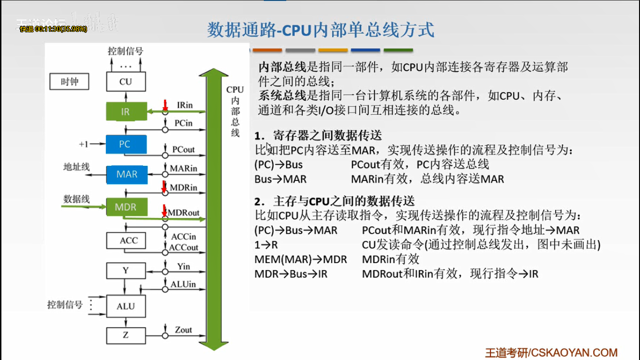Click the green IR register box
pos(126,112)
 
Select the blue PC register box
pos(126,144)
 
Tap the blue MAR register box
pos(127,174)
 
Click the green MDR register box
pos(126,207)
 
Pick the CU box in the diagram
pos(126,82)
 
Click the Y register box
pos(126,270)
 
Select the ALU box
pos(126,306)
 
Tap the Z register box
pos(126,335)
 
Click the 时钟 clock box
pos(69,82)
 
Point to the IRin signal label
pos(185,105)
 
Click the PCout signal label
pos(183,150)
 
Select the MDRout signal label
pos(184,213)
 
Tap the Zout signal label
pos(183,330)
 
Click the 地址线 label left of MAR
pos(76,167)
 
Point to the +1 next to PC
pos(83,144)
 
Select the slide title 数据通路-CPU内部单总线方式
pos(320,30)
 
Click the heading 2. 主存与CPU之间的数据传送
pos(335,202)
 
